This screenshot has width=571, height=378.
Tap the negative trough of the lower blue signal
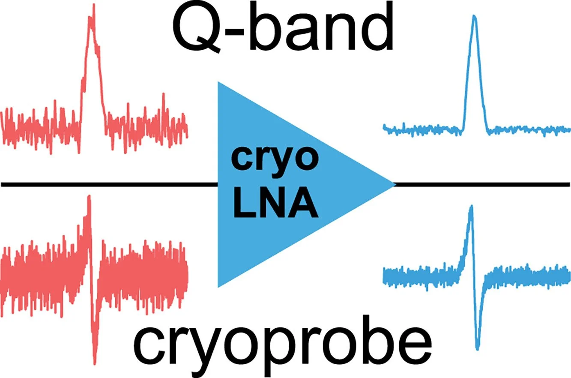(x=478, y=348)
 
